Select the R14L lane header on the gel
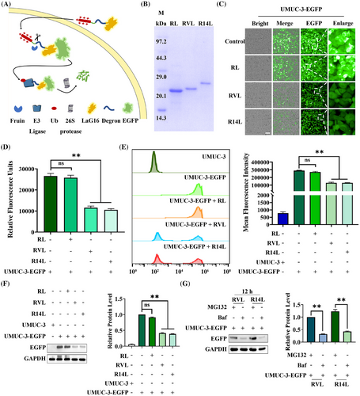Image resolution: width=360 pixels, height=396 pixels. pos(216,23)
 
